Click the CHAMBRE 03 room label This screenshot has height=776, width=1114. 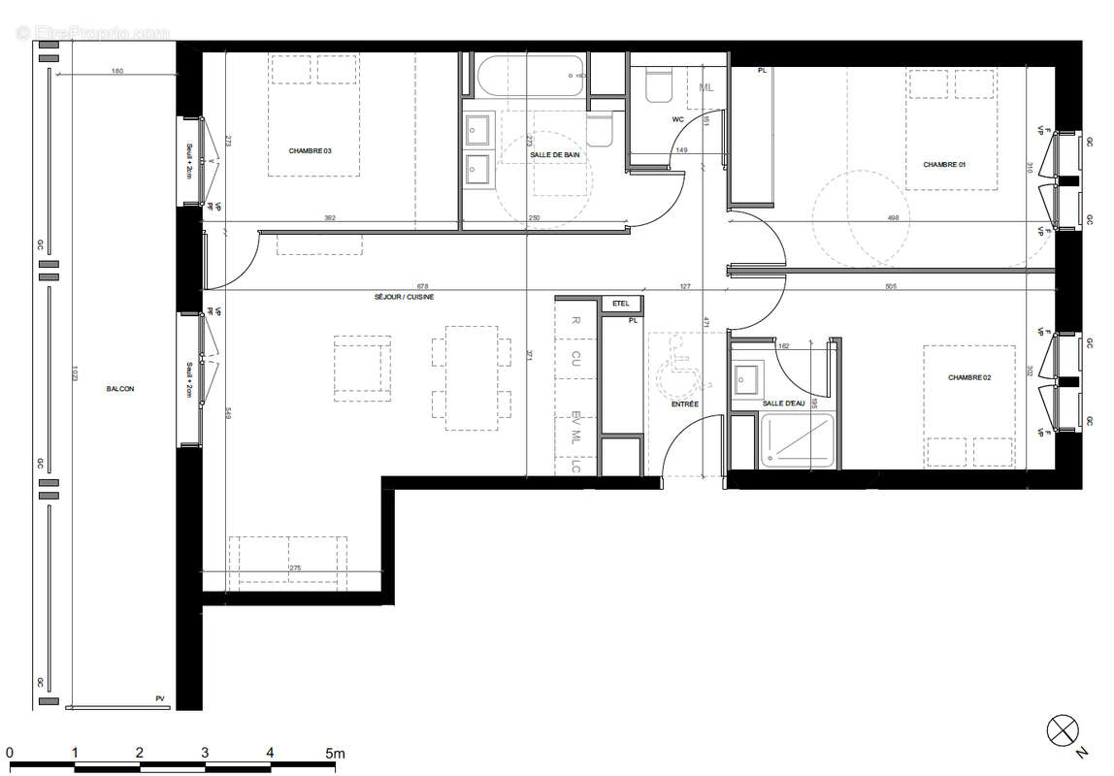310,150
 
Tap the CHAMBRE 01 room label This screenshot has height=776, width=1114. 944,165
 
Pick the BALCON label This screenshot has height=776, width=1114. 120,389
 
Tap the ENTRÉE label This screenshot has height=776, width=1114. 685,404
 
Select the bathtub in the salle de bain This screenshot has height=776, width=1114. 530,75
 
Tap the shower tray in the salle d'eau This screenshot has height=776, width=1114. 797,440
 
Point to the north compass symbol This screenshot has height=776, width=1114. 1063,729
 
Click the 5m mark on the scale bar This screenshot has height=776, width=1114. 334,753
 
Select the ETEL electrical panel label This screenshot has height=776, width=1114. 620,304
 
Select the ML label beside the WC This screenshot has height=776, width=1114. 705,88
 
